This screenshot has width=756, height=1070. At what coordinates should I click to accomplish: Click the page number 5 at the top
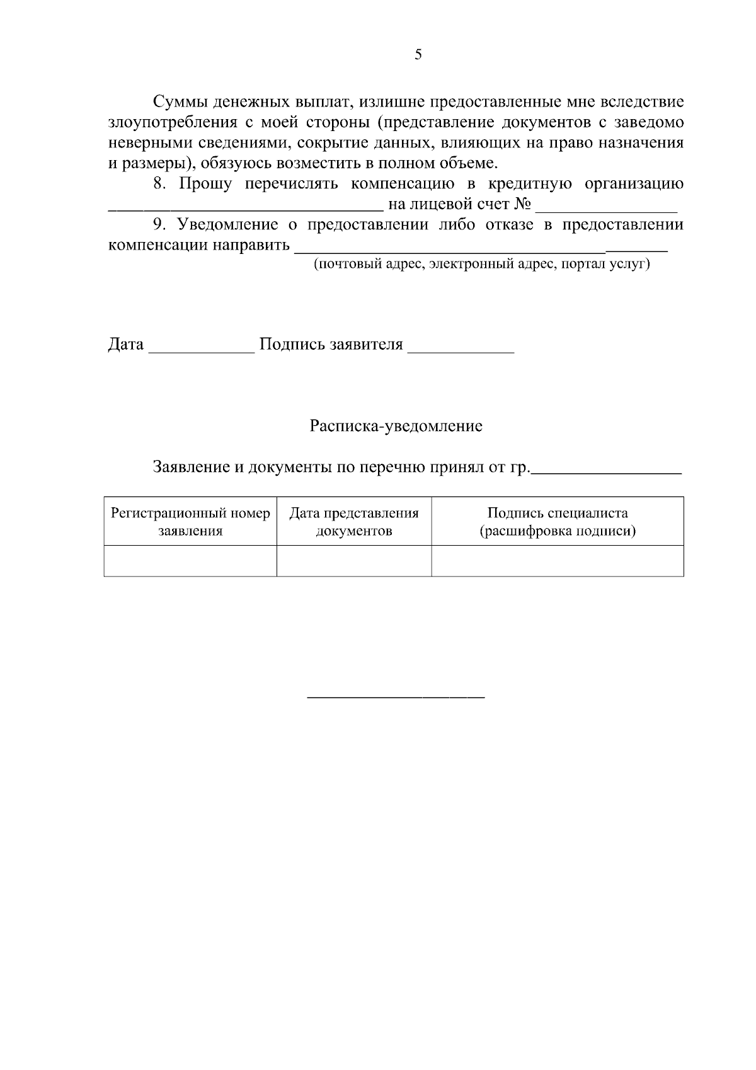(x=418, y=55)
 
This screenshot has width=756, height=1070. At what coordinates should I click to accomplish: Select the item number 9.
(x=159, y=225)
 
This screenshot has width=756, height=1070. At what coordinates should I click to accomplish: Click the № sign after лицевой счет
(x=522, y=205)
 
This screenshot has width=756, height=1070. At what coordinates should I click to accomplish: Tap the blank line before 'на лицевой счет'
(x=245, y=209)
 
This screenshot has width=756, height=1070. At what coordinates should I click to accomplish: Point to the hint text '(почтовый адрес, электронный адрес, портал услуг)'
(x=482, y=264)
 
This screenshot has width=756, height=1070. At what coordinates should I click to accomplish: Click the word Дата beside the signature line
(x=126, y=345)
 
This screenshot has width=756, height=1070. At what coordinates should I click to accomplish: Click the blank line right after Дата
(x=201, y=350)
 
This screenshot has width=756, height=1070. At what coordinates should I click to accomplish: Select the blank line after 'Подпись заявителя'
(x=461, y=350)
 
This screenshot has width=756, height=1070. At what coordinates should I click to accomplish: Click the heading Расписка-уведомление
(x=396, y=427)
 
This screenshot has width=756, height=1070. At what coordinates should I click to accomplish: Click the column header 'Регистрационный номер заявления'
(x=190, y=522)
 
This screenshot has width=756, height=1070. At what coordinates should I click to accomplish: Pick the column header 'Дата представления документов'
(x=354, y=522)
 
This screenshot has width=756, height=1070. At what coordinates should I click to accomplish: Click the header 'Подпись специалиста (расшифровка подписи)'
(x=558, y=522)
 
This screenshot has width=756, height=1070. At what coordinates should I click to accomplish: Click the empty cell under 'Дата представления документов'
(x=354, y=561)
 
